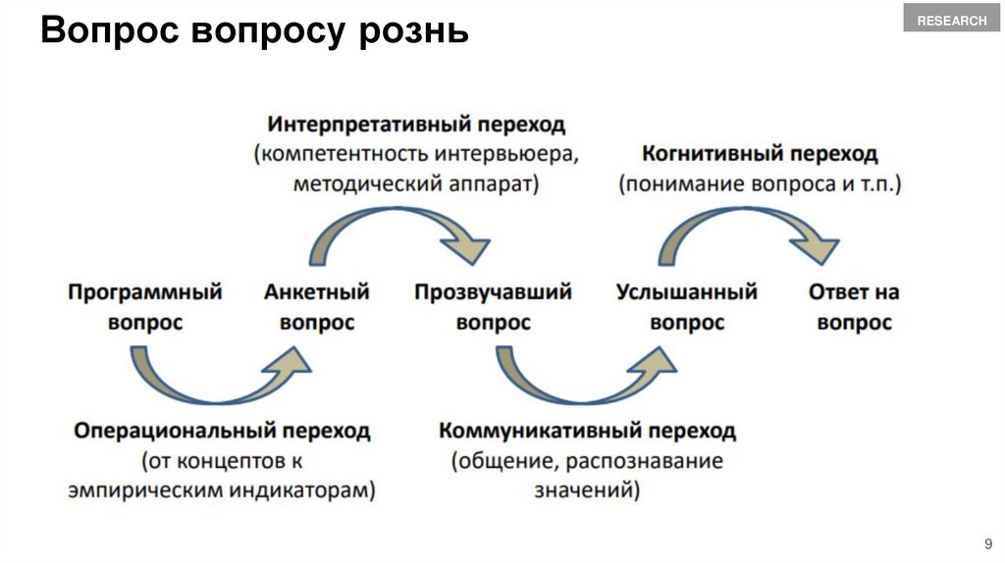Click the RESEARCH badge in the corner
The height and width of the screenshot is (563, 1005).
click(951, 21)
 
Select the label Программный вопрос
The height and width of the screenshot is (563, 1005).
click(145, 307)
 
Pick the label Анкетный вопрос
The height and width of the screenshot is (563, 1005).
click(316, 307)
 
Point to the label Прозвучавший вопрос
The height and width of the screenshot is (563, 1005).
click(493, 307)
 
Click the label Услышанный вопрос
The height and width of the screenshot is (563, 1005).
click(687, 307)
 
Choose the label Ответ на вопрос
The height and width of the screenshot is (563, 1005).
click(854, 307)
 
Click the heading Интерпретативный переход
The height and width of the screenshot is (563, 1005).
click(416, 126)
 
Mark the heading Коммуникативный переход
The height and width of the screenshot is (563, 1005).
click(587, 431)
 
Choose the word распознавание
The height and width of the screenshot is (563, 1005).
click(653, 460)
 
